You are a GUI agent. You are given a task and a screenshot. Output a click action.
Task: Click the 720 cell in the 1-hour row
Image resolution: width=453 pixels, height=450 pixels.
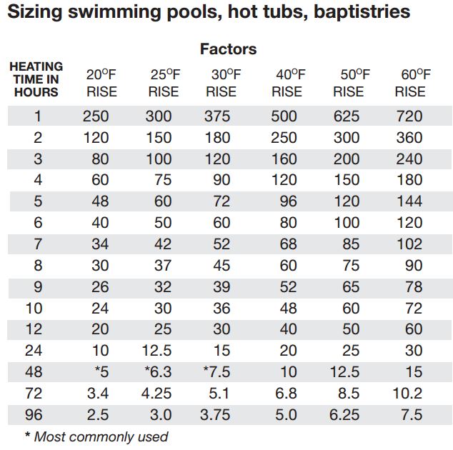(x=409, y=116)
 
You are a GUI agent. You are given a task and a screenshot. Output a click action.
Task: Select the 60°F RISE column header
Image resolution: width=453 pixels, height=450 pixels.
(x=410, y=83)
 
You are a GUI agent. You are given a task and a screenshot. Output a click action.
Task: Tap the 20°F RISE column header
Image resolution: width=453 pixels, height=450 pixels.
(x=101, y=83)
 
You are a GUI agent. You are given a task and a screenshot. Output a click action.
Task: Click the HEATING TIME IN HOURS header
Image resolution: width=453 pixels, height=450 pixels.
(x=36, y=79)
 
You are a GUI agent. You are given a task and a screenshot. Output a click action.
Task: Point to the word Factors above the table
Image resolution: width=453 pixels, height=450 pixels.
(x=228, y=49)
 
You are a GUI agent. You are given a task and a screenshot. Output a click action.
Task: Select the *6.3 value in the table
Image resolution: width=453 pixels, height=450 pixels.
(x=159, y=372)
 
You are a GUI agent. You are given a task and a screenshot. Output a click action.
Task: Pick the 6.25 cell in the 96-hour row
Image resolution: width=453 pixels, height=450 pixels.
(x=348, y=415)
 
